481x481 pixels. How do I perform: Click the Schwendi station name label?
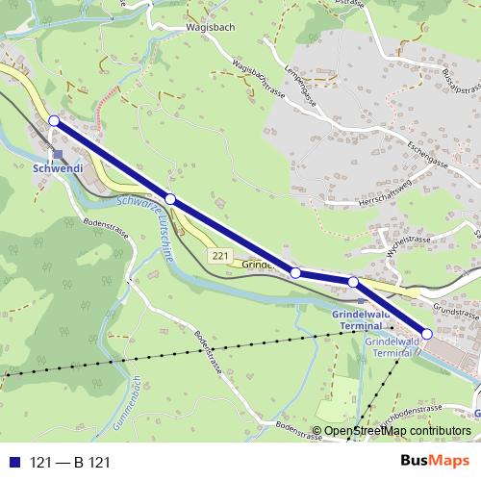[x=59, y=169]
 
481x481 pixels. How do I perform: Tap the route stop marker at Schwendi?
[x=54, y=120]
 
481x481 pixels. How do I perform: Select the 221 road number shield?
[x=220, y=255]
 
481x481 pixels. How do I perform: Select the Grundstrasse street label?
[x=455, y=310]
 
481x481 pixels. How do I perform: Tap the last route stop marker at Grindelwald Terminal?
[x=427, y=334]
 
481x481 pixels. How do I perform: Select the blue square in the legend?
[x=13, y=462]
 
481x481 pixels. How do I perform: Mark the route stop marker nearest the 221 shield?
[x=170, y=199]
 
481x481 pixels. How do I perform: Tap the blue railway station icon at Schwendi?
[x=58, y=153]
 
